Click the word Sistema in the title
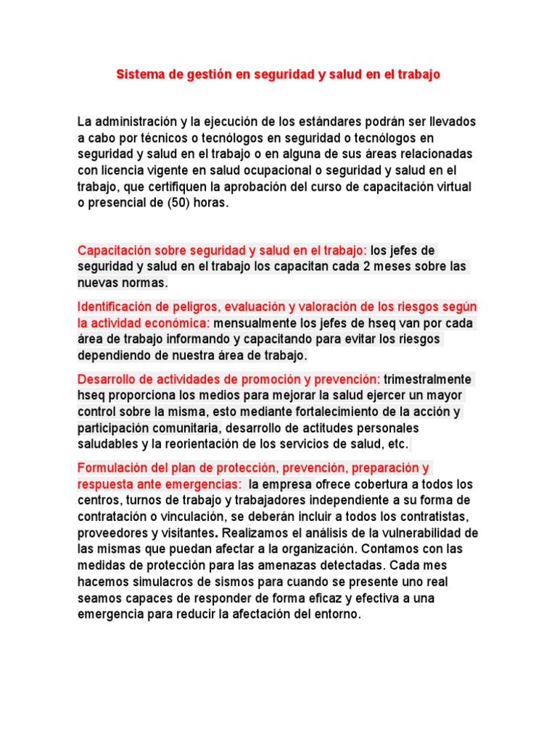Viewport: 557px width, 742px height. (x=140, y=75)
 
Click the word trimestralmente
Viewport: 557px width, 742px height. (x=428, y=379)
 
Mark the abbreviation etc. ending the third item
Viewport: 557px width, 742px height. (x=399, y=443)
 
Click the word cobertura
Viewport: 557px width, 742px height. (x=374, y=484)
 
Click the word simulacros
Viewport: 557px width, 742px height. (x=166, y=582)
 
